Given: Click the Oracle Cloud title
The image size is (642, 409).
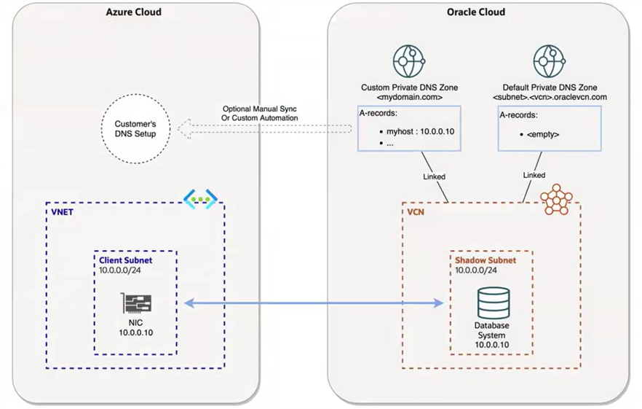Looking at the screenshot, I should pos(475,12).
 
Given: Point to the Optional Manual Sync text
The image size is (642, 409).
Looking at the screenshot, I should pos(260,109).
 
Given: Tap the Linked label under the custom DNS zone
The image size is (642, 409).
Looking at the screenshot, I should pos(434,176).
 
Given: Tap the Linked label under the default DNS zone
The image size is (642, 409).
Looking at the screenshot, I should pos(534,175).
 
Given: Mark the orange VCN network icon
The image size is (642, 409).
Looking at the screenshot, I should pos(556,199).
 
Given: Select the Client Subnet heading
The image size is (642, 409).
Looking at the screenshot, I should pos(124,260).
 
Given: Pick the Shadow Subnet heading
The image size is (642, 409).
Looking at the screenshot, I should pos(486,260).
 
